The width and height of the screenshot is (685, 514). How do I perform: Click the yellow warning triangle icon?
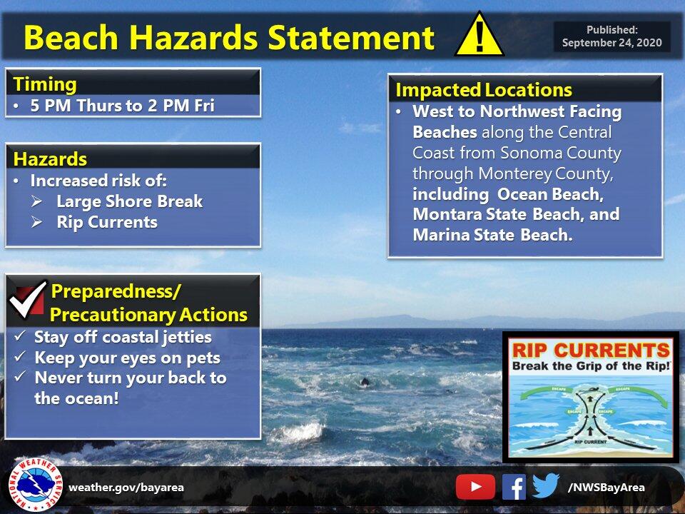[x=479, y=36]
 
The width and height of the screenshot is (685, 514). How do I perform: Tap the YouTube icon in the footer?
[x=475, y=487]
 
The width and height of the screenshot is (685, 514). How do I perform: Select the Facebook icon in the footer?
[x=514, y=487]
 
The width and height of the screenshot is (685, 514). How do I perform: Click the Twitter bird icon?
[x=546, y=486]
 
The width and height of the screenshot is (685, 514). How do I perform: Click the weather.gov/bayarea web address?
[x=126, y=488]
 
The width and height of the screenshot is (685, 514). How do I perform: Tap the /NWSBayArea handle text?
[x=606, y=488]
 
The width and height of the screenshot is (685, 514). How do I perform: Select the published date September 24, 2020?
[x=612, y=43]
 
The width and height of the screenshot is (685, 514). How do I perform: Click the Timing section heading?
[x=46, y=84]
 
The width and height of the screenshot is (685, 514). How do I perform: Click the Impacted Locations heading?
[x=483, y=90]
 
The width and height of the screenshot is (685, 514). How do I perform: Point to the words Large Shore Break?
[x=129, y=202]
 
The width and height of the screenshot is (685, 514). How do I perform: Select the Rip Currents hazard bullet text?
[x=107, y=222]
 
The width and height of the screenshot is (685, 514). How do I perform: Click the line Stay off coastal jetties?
[x=123, y=337]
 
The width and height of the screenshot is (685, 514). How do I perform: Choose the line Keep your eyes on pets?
[x=127, y=358]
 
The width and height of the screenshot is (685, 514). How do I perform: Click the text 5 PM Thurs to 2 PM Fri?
[x=122, y=106]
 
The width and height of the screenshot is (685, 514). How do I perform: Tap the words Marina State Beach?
[x=492, y=235]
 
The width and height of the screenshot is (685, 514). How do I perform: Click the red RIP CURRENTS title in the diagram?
[x=591, y=350]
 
